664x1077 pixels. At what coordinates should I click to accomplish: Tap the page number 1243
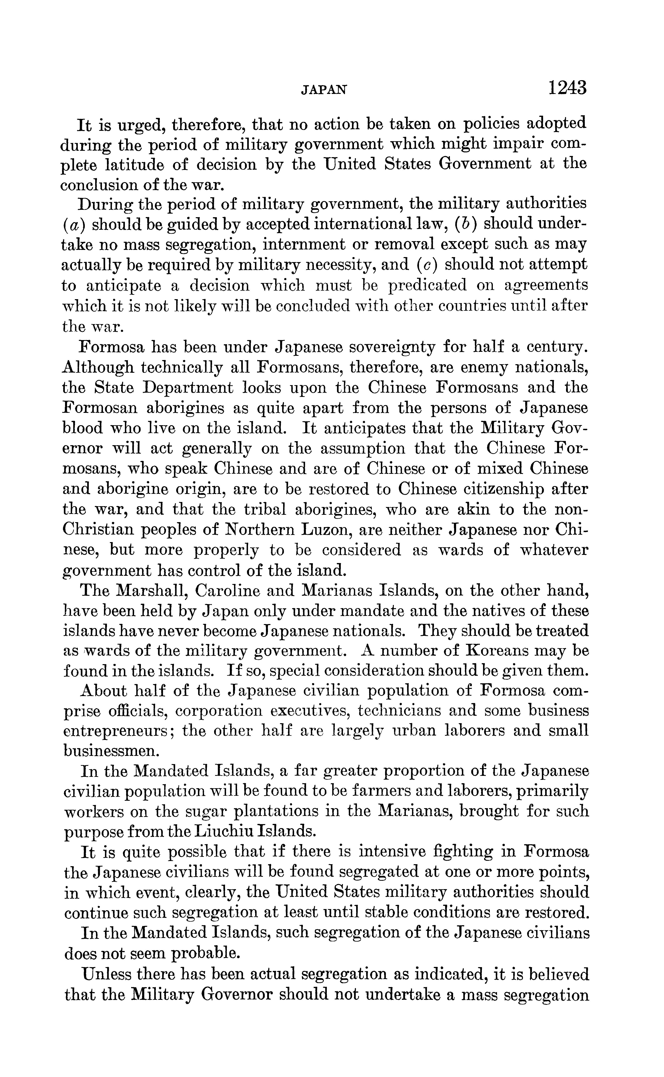566,88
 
